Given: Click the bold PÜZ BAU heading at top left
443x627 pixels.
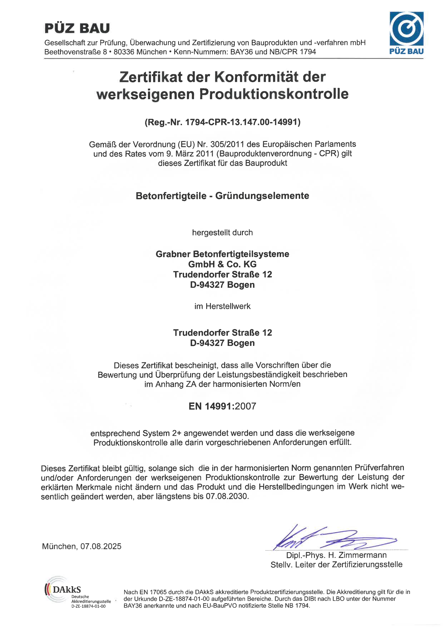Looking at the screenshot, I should [x=77, y=28].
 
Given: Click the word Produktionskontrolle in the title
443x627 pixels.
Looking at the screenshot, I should [x=274, y=94].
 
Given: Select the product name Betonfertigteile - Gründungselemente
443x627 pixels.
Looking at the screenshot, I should [x=222, y=196].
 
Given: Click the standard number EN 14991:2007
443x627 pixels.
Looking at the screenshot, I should [x=222, y=406].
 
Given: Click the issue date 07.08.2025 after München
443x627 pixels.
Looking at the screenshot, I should [x=101, y=546].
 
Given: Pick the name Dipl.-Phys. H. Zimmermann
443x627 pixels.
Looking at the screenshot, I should [x=336, y=555].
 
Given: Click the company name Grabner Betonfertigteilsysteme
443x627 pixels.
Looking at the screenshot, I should [x=222, y=254].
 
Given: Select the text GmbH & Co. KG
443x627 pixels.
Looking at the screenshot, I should [x=222, y=264].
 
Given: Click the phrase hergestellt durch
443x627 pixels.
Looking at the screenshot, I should [x=222, y=233].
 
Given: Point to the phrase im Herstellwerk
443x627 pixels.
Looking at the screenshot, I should [x=222, y=306].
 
